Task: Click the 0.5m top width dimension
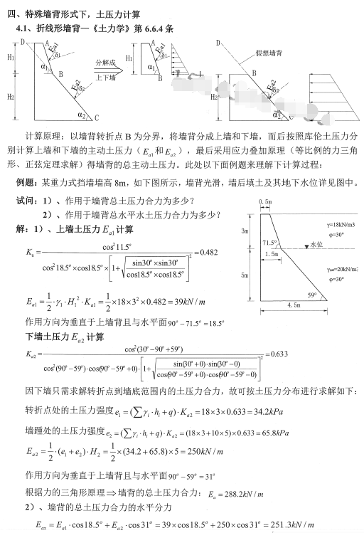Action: pos(267,201)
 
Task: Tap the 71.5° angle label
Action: pos(268,243)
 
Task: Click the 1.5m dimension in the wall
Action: pos(271,254)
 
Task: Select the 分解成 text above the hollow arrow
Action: pos(105,63)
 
